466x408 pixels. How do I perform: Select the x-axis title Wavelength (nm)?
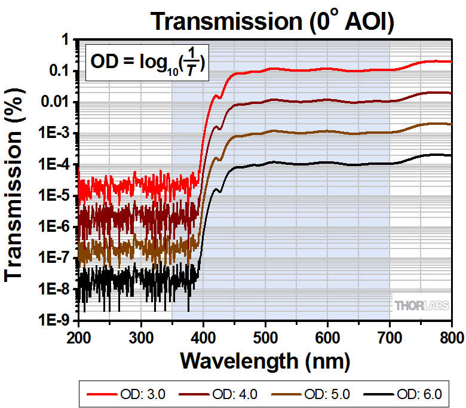pyautogui.click(x=265, y=360)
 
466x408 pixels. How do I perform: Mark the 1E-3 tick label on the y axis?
pyautogui.click(x=57, y=133)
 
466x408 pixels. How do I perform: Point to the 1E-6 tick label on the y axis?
pyautogui.click(x=57, y=226)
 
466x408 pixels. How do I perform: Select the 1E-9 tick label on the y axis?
pyautogui.click(x=57, y=320)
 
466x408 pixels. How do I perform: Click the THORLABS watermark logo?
pyautogui.click(x=421, y=305)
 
